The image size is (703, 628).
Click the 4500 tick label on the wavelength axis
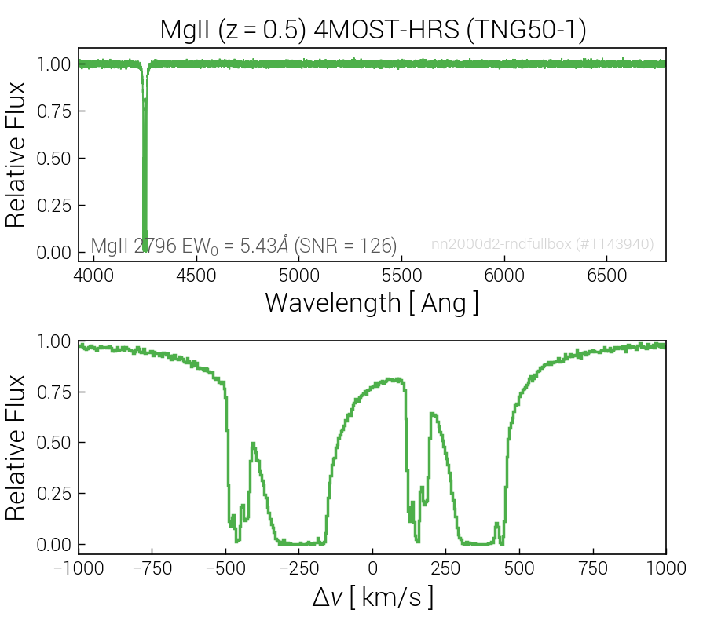click(x=196, y=276)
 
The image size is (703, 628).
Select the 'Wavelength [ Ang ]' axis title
click(x=372, y=302)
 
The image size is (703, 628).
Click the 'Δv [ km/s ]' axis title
click(x=372, y=598)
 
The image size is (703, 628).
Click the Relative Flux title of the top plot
click(x=16, y=155)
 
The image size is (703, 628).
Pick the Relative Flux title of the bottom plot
click(x=16, y=447)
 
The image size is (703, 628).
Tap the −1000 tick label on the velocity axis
click(x=79, y=568)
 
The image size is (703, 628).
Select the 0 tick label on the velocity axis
click(x=373, y=568)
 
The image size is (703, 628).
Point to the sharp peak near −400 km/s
click(x=253, y=444)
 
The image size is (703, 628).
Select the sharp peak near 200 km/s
click(x=431, y=414)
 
